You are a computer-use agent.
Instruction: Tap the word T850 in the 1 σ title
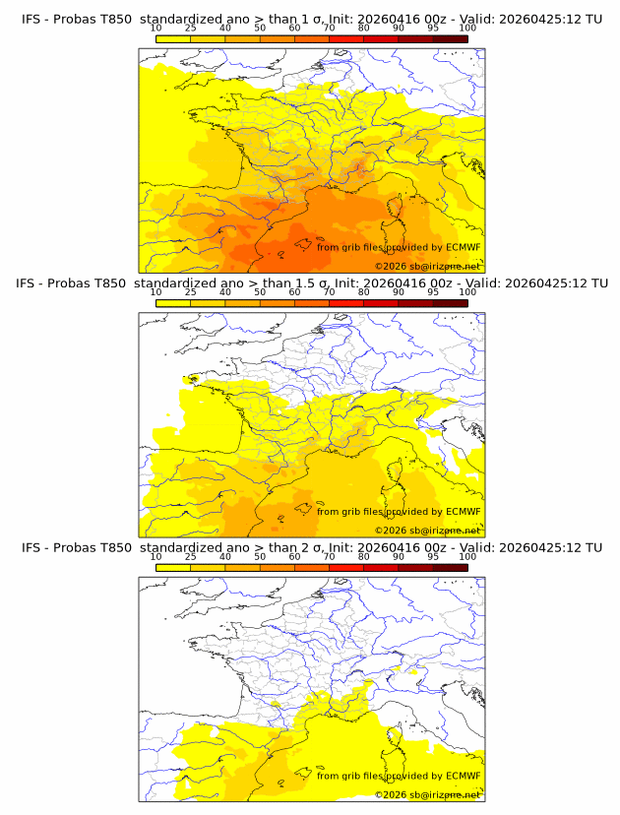pyautogui.click(x=114, y=19)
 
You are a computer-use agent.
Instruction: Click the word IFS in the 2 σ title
pyautogui.click(x=31, y=547)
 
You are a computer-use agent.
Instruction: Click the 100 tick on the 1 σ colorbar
pyautogui.click(x=467, y=28)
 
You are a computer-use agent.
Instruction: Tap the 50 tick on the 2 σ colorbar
pyautogui.click(x=260, y=557)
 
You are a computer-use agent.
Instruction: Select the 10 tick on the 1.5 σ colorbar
pyautogui.click(x=155, y=292)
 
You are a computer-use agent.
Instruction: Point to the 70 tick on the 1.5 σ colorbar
pyautogui.click(x=329, y=292)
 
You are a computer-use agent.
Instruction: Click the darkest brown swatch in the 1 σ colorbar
pyautogui.click(x=450, y=38)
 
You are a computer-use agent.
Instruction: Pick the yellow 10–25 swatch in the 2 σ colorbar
pyautogui.click(x=172, y=568)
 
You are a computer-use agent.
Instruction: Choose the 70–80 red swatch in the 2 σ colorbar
pyautogui.click(x=345, y=568)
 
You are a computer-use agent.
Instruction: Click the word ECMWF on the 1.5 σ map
pyautogui.click(x=463, y=512)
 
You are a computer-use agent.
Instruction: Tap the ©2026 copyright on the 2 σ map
pyautogui.click(x=391, y=794)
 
